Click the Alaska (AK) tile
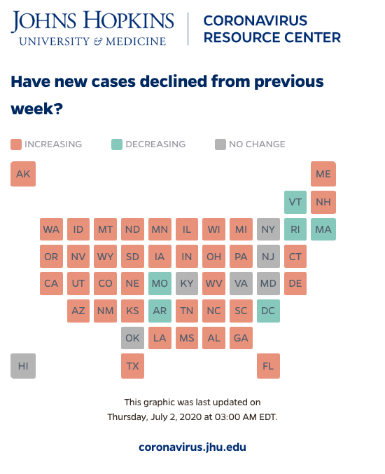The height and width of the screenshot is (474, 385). [x=23, y=174]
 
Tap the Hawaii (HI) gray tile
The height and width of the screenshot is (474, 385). [x=23, y=366]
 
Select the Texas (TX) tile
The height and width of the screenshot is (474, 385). [x=132, y=366]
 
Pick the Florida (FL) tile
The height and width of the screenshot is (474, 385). [x=268, y=366]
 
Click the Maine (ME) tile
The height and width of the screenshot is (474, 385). [x=323, y=174]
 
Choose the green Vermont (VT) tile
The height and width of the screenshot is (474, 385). [x=295, y=202]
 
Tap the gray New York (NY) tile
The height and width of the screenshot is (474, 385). [x=268, y=229]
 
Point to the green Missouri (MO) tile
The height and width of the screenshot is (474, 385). [x=160, y=283]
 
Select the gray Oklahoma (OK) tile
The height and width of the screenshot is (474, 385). [x=132, y=338]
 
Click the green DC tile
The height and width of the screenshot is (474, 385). [x=268, y=311]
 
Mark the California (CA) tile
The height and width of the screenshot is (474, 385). [x=51, y=283]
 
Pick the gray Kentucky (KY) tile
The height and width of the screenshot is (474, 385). [x=187, y=283]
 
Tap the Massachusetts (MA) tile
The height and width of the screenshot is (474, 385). [x=323, y=229]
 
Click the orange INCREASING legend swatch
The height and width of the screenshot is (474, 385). [x=16, y=144]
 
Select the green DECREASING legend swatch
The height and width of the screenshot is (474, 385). [x=117, y=144]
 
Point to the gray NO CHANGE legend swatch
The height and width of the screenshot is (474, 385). [x=220, y=144]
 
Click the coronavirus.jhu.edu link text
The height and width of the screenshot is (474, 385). [x=192, y=447]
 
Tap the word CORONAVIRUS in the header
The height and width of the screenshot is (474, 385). [x=255, y=20]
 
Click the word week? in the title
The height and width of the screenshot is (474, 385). [x=37, y=109]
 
